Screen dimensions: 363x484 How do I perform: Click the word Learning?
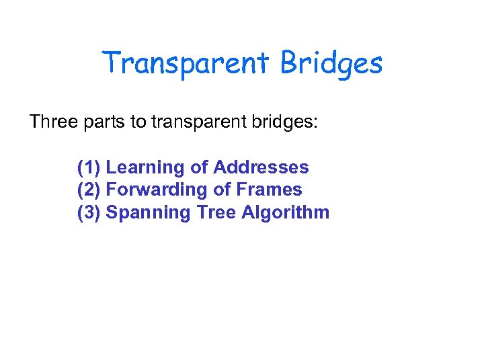pyautogui.click(x=143, y=167)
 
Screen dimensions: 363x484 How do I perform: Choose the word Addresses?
pyautogui.click(x=261, y=167)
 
